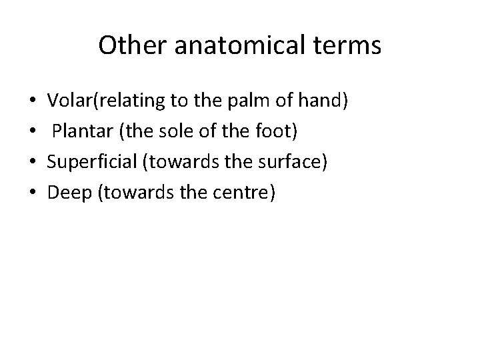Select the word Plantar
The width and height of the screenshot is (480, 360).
click(77, 131)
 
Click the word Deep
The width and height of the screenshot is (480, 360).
click(65, 191)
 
